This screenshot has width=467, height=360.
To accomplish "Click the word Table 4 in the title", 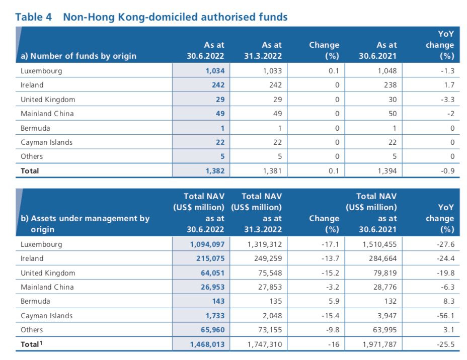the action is point(33,17).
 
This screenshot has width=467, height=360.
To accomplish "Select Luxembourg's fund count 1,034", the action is point(215,71).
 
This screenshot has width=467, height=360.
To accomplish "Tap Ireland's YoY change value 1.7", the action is point(449,85).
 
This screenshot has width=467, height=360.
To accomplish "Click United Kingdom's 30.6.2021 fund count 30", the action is point(393,100).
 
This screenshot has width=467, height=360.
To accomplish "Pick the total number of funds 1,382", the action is point(215,171).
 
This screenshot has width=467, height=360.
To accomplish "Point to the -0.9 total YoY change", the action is point(448,171).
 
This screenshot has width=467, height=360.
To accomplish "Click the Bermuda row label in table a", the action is point(35,128).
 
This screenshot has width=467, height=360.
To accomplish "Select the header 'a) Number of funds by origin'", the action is point(79,56).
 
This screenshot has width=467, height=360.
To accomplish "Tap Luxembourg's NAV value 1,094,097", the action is point(207,244).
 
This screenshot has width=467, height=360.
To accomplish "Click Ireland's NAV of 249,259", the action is point(268,258).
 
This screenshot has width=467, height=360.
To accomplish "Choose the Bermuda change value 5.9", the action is point(334,301).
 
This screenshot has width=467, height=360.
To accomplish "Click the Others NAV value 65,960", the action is point(213,330).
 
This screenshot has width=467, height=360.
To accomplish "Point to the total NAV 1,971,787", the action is point(380,344).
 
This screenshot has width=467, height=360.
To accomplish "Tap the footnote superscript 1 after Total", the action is point(41,343).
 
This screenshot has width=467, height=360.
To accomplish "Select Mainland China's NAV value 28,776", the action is point(385,287).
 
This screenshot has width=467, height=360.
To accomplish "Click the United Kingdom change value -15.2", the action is point(330,273).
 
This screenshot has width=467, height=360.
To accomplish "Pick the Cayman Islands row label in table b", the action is point(46,316).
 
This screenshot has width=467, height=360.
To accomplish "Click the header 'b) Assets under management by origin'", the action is point(85,224).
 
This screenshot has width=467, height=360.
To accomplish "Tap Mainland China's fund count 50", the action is point(393,114).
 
